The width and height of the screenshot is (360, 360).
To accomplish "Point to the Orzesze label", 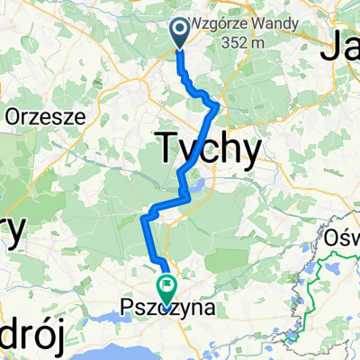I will [x=45, y=115].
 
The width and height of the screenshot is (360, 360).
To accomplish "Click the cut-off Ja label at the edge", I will [x=342, y=45].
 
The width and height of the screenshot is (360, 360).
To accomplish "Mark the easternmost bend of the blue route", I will [x=218, y=109].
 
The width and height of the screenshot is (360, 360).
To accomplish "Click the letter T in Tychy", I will [x=168, y=145].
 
